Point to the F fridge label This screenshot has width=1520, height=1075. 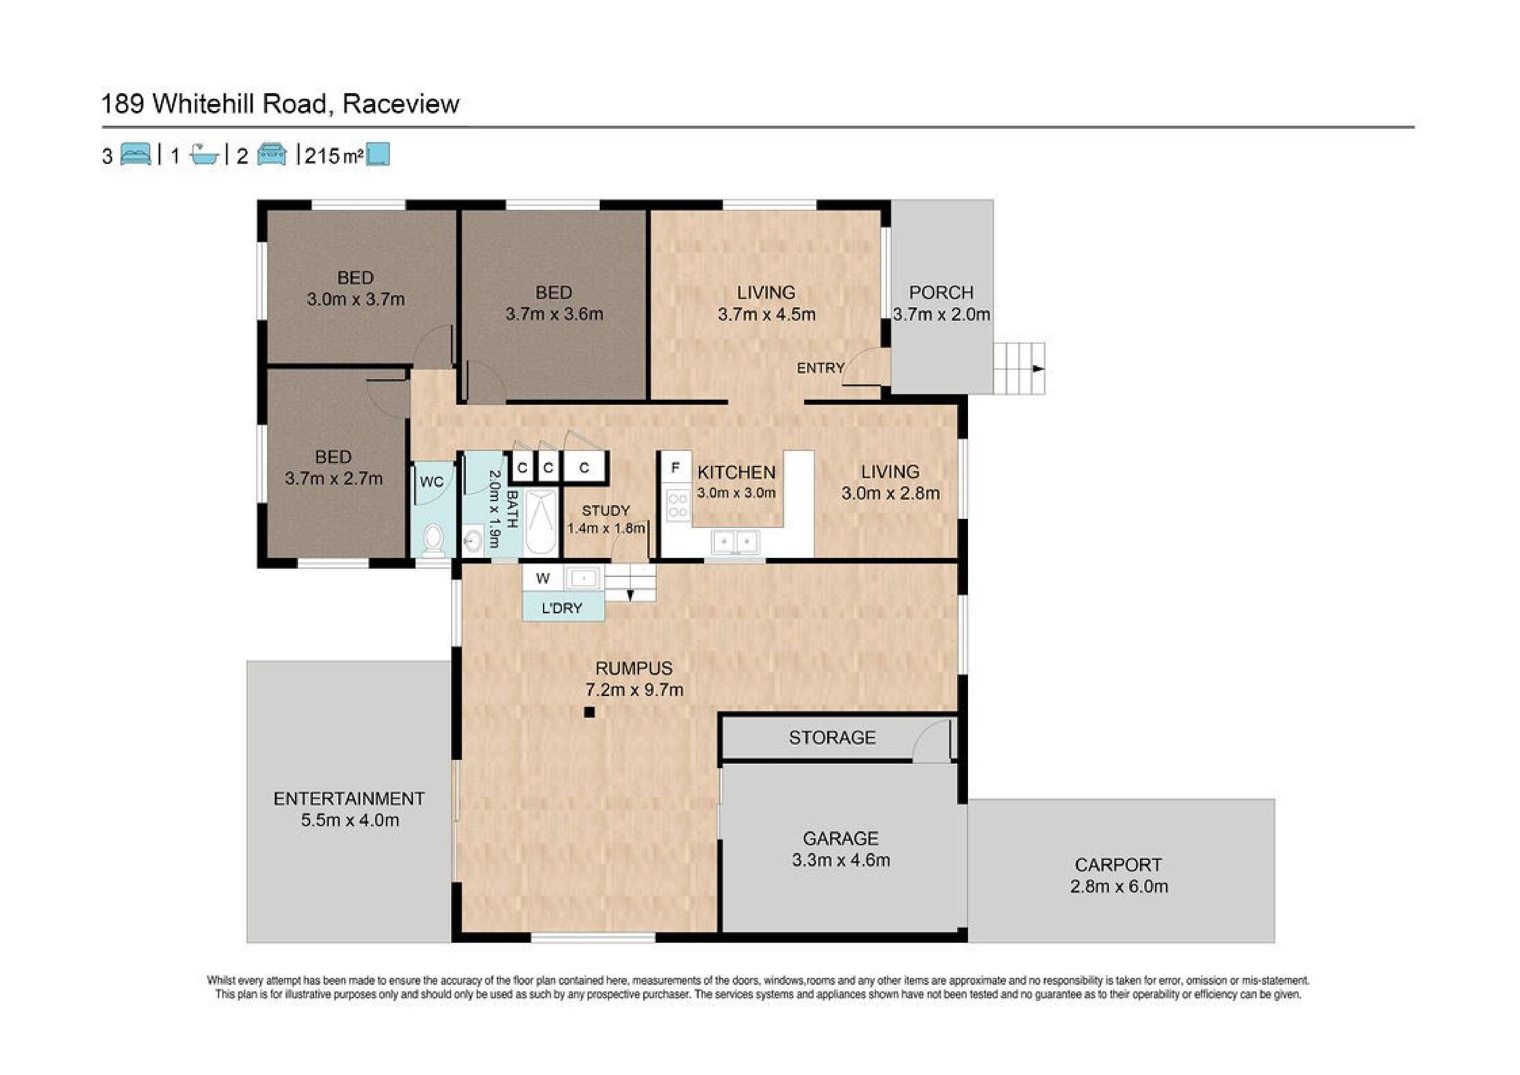tap(675, 468)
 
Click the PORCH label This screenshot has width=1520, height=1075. tap(941, 292)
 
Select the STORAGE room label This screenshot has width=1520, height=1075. tap(832, 737)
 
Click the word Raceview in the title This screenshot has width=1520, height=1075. tap(400, 104)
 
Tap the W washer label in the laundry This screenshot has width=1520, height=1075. tap(543, 578)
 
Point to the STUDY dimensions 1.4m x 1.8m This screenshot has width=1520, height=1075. tap(606, 528)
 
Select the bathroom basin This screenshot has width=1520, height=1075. tap(472, 541)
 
